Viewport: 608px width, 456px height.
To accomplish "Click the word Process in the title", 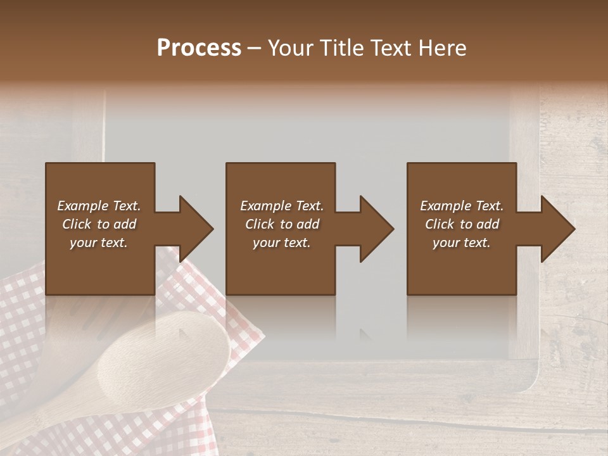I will (199, 48).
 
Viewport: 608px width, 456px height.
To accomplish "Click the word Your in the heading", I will (290, 48).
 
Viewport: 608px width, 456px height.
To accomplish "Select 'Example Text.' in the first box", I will (99, 206).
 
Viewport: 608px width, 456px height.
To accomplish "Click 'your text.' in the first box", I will (99, 243).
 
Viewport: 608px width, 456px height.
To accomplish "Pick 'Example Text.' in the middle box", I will (282, 206).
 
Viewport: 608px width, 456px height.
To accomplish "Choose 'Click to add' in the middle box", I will (282, 224).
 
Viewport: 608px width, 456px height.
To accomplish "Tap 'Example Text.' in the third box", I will (462, 206).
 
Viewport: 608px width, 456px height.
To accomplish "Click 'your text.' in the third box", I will (462, 243).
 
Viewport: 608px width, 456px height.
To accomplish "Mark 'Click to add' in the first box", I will (99, 224).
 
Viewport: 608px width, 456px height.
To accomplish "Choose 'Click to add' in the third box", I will (462, 224).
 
